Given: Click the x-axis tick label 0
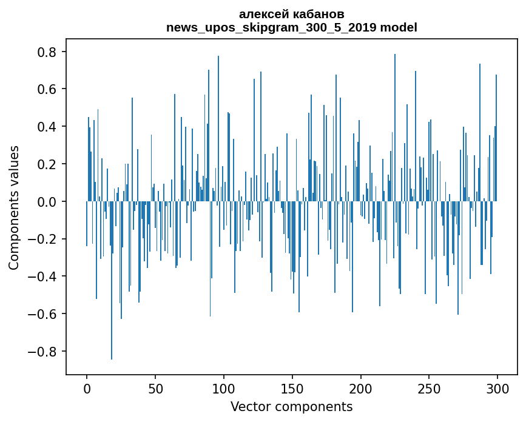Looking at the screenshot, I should [87, 389].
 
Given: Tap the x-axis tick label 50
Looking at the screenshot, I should [155, 389].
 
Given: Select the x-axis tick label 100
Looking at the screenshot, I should [224, 389].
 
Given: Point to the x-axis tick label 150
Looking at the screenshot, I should [292, 389].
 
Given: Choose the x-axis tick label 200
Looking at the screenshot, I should [361, 389].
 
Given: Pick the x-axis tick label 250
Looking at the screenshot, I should [430, 389].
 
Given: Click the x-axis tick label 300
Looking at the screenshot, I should [498, 389].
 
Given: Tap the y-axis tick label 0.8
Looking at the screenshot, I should [48, 52].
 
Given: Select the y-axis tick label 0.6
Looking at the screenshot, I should [48, 90].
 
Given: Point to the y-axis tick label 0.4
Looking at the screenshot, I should [48, 127].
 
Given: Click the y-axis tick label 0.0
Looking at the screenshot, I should [48, 202].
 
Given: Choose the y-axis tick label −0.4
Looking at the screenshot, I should [44, 276].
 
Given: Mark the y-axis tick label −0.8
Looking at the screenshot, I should [44, 352].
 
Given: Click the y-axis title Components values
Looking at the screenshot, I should [14, 207].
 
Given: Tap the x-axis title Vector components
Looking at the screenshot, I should [291, 407].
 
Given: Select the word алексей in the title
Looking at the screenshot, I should [261, 14].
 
